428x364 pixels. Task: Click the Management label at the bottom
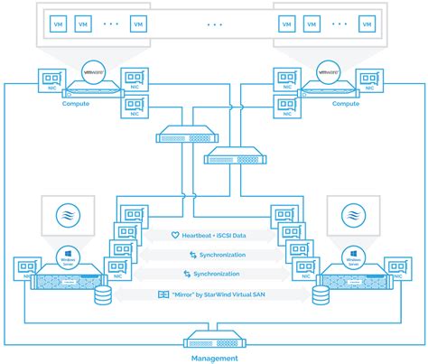pyautogui.click(x=214, y=358)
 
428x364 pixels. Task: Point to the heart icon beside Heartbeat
pyautogui.click(x=176, y=235)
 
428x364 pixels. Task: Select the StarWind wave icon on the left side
pyautogui.click(x=67, y=216)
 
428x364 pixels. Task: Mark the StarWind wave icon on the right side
pyautogui.click(x=352, y=216)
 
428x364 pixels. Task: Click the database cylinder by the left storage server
pyautogui.click(x=102, y=295)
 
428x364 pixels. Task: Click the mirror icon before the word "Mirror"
pyautogui.click(x=164, y=294)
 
